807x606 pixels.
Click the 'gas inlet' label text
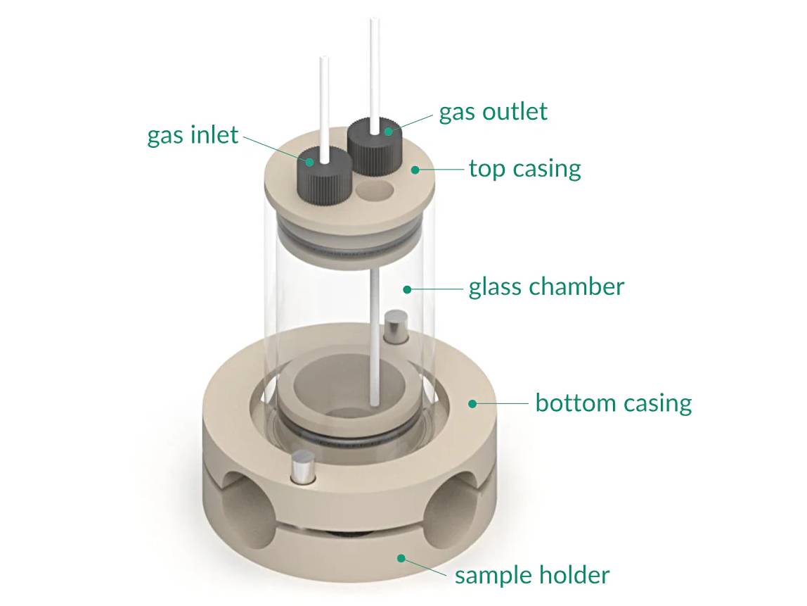(193, 134)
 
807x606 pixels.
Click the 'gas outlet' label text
(493, 112)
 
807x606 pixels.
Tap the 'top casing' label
(524, 169)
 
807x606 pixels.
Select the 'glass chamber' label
(546, 287)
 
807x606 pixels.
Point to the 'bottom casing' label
(613, 403)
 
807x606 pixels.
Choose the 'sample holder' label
(531, 575)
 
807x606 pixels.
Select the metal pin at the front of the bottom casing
(303, 467)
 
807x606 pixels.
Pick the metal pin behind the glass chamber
(395, 327)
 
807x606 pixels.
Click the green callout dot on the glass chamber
(406, 288)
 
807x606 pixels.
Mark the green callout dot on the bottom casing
(472, 404)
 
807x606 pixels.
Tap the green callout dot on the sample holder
(401, 558)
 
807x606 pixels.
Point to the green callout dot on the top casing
(415, 169)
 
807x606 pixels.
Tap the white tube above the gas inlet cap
(323, 102)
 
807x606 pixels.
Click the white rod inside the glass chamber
(375, 338)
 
